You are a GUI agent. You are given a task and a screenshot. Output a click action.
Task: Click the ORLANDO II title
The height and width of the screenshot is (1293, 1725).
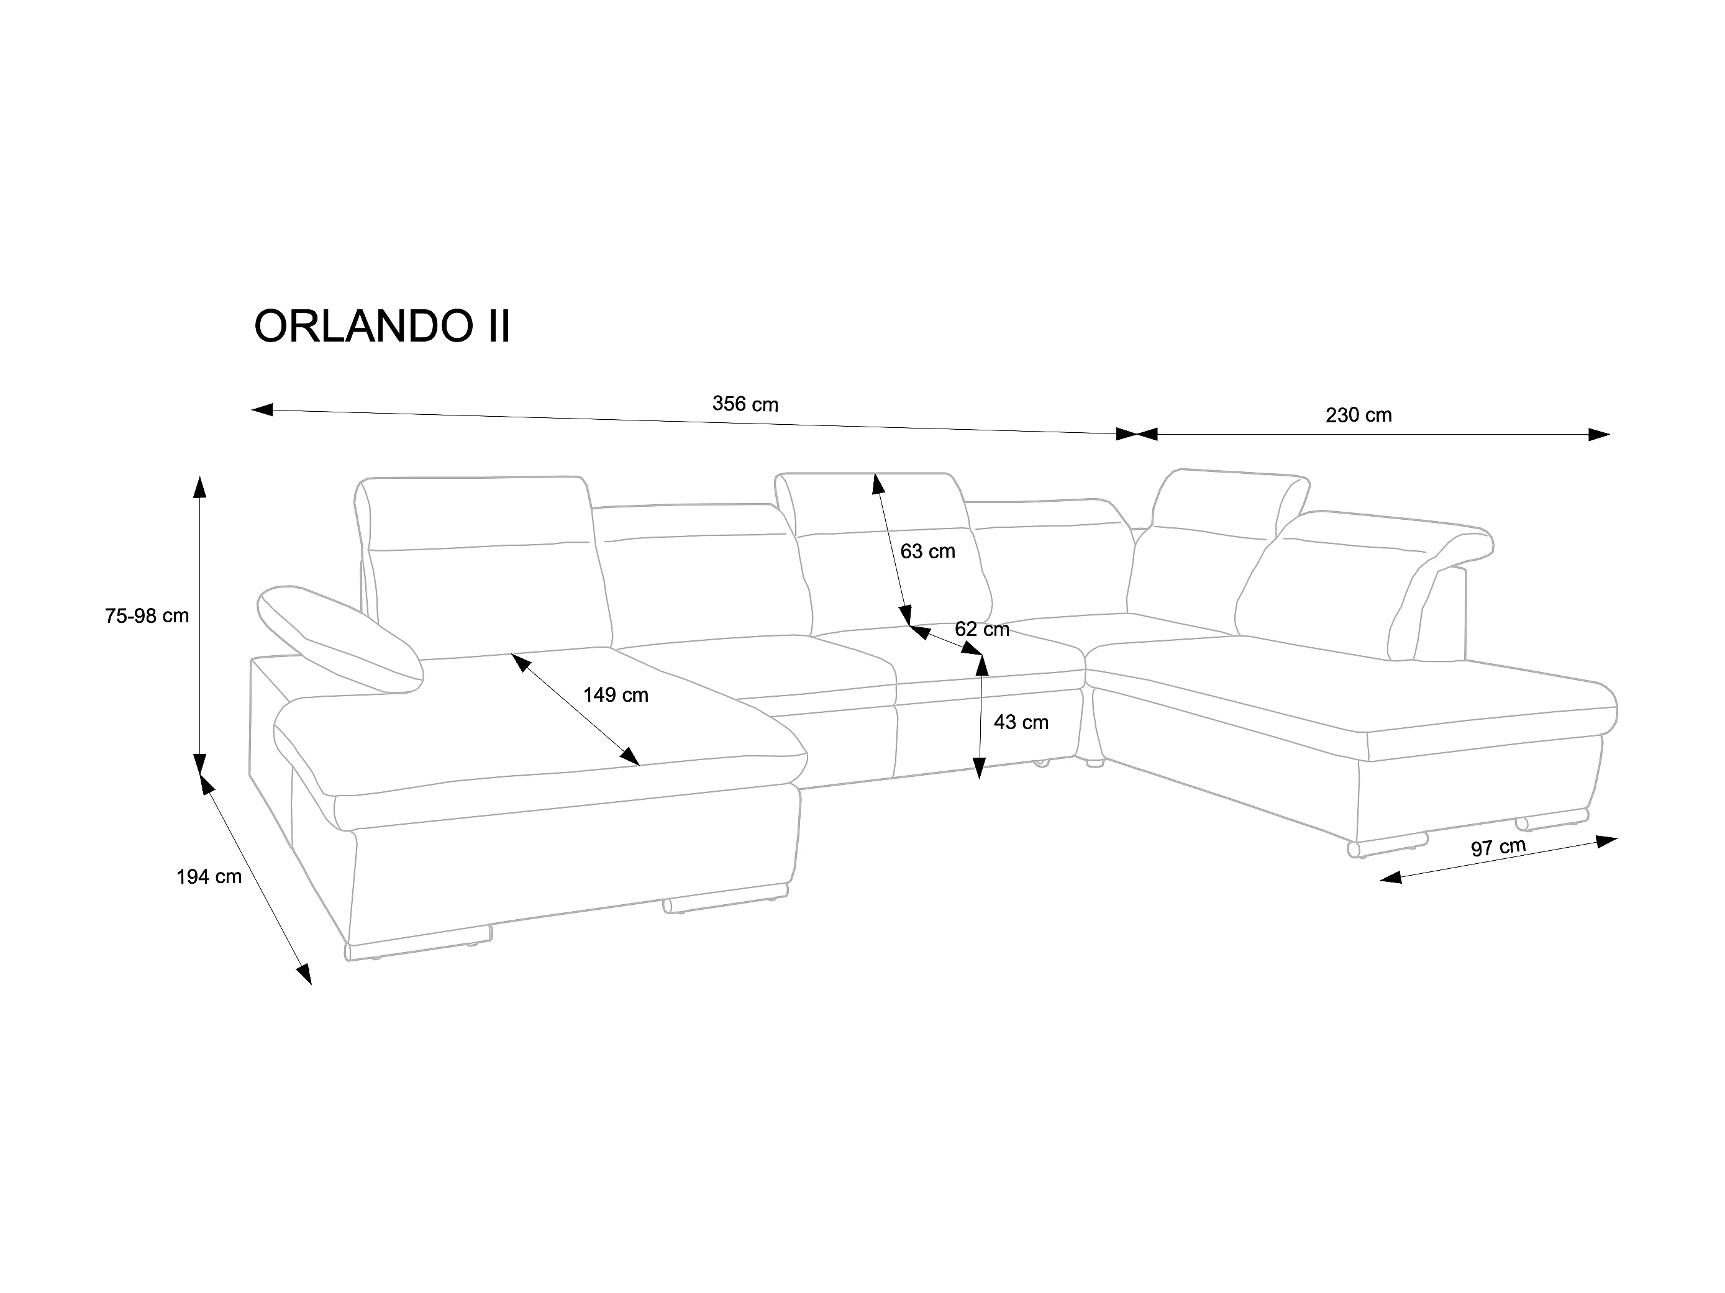382,326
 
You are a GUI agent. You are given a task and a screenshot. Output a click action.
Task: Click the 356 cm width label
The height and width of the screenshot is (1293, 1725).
745,404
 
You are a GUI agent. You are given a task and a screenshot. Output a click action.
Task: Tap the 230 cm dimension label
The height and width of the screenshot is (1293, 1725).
1359,415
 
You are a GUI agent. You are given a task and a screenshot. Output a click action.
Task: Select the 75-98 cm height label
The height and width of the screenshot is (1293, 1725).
147,616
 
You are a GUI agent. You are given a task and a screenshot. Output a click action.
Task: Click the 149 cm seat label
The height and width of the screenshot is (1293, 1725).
616,695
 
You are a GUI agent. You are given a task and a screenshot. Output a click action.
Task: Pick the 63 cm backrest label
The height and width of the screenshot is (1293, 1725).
928,551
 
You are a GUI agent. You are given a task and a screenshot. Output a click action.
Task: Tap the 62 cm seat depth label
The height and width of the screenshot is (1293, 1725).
983,628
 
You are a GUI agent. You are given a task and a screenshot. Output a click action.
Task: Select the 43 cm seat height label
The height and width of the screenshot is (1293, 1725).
1022,722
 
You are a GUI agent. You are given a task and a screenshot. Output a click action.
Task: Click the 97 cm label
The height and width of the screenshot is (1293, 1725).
1499,847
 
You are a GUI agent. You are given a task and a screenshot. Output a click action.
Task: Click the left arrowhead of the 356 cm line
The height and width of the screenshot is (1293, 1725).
262,409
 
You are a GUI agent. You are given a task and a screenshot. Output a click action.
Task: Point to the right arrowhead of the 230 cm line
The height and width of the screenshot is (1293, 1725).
1599,434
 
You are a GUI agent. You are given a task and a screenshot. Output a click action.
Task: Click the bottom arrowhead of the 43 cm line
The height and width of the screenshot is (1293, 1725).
980,768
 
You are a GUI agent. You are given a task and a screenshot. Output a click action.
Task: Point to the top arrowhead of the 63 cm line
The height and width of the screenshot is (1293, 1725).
877,484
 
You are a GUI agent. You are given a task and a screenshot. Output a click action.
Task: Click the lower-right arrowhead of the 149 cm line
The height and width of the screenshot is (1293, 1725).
630,756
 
